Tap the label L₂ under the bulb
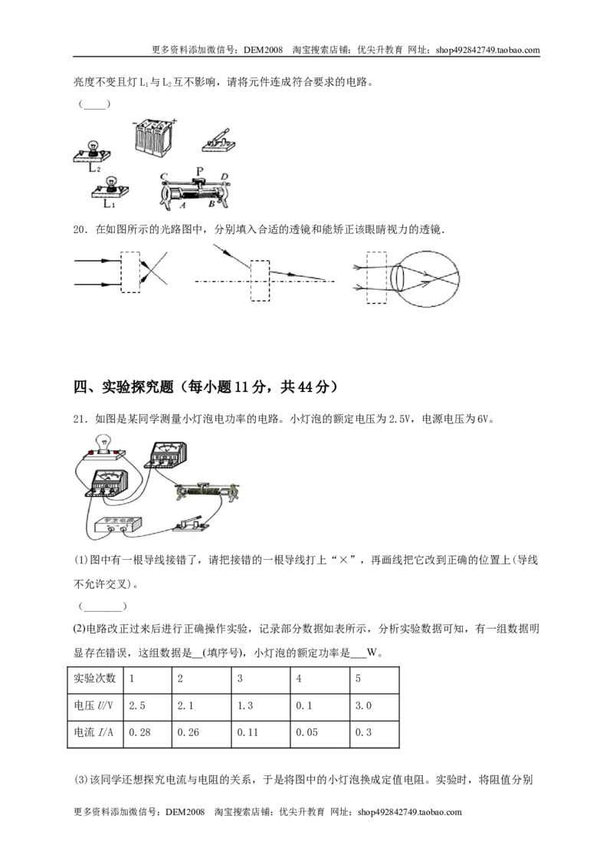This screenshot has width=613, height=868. (94, 168)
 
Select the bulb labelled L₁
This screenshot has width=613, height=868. (110, 187)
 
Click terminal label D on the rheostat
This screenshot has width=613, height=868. (224, 176)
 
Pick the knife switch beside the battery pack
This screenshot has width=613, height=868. (219, 140)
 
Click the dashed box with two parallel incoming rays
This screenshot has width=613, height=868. (130, 272)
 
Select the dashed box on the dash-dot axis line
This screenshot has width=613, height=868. (260, 281)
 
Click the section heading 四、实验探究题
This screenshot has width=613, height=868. (124, 386)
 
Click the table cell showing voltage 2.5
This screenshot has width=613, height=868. (137, 705)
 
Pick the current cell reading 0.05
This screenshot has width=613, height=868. (306, 732)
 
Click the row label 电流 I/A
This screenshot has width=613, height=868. (93, 732)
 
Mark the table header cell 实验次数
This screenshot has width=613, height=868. (94, 678)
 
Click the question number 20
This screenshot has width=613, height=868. (80, 229)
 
